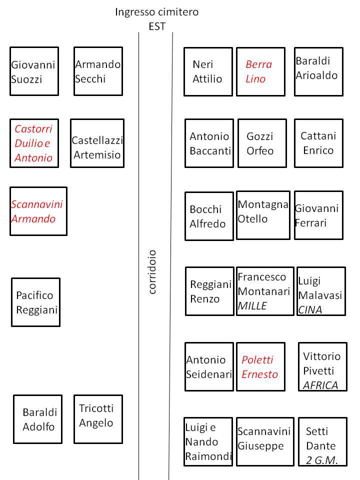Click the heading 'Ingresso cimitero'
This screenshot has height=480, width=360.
pyautogui.click(x=156, y=12)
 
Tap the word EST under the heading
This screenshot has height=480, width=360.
pyautogui.click(x=157, y=26)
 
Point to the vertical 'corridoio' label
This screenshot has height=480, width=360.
pyautogui.click(x=152, y=272)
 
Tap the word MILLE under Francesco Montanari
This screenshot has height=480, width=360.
pyautogui.click(x=252, y=306)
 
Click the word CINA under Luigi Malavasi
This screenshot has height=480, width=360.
pyautogui.click(x=310, y=310)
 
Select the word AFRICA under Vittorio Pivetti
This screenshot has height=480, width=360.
pyautogui.click(x=320, y=385)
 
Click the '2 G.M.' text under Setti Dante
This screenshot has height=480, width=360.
pyautogui.click(x=321, y=460)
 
